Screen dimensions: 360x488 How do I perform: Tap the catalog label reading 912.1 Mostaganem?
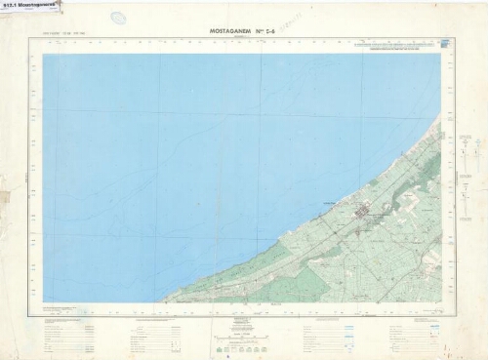[x=30, y=5]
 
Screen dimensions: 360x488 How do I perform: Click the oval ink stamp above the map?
[x=118, y=18]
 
